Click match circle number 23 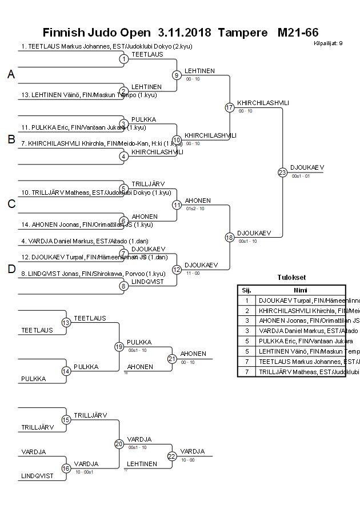(282, 172)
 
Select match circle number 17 (230, 107)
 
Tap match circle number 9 (177, 75)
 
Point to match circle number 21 (172, 359)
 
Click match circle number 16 (66, 468)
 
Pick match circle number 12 (177, 269)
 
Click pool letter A (11, 74)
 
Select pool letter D (11, 270)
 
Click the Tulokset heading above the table (291, 278)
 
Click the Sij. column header (247, 290)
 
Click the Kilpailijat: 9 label (328, 43)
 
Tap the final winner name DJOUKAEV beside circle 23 (307, 167)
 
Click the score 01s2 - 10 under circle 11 (195, 209)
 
